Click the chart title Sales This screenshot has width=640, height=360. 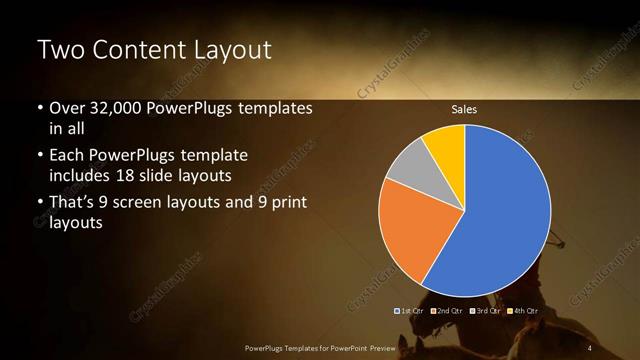464,109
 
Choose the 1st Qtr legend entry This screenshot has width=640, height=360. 411,311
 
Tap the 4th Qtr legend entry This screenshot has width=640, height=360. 524,311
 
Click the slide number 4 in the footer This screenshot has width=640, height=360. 591,347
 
